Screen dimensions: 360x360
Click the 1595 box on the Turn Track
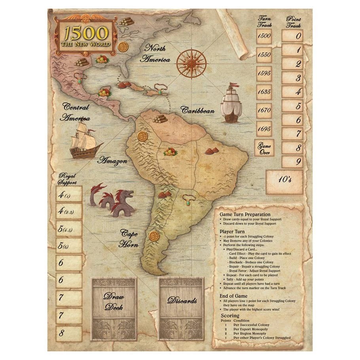click(264, 73)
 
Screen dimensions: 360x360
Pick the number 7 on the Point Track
click(292, 134)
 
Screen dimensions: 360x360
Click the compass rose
click(191, 63)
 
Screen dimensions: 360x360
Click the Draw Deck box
click(114, 301)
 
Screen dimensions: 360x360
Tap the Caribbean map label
click(198, 110)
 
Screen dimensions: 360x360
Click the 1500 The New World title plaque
click(86, 36)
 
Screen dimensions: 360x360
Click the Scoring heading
click(230, 315)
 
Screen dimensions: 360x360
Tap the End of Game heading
click(234, 296)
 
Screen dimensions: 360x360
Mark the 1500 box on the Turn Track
click(264, 36)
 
